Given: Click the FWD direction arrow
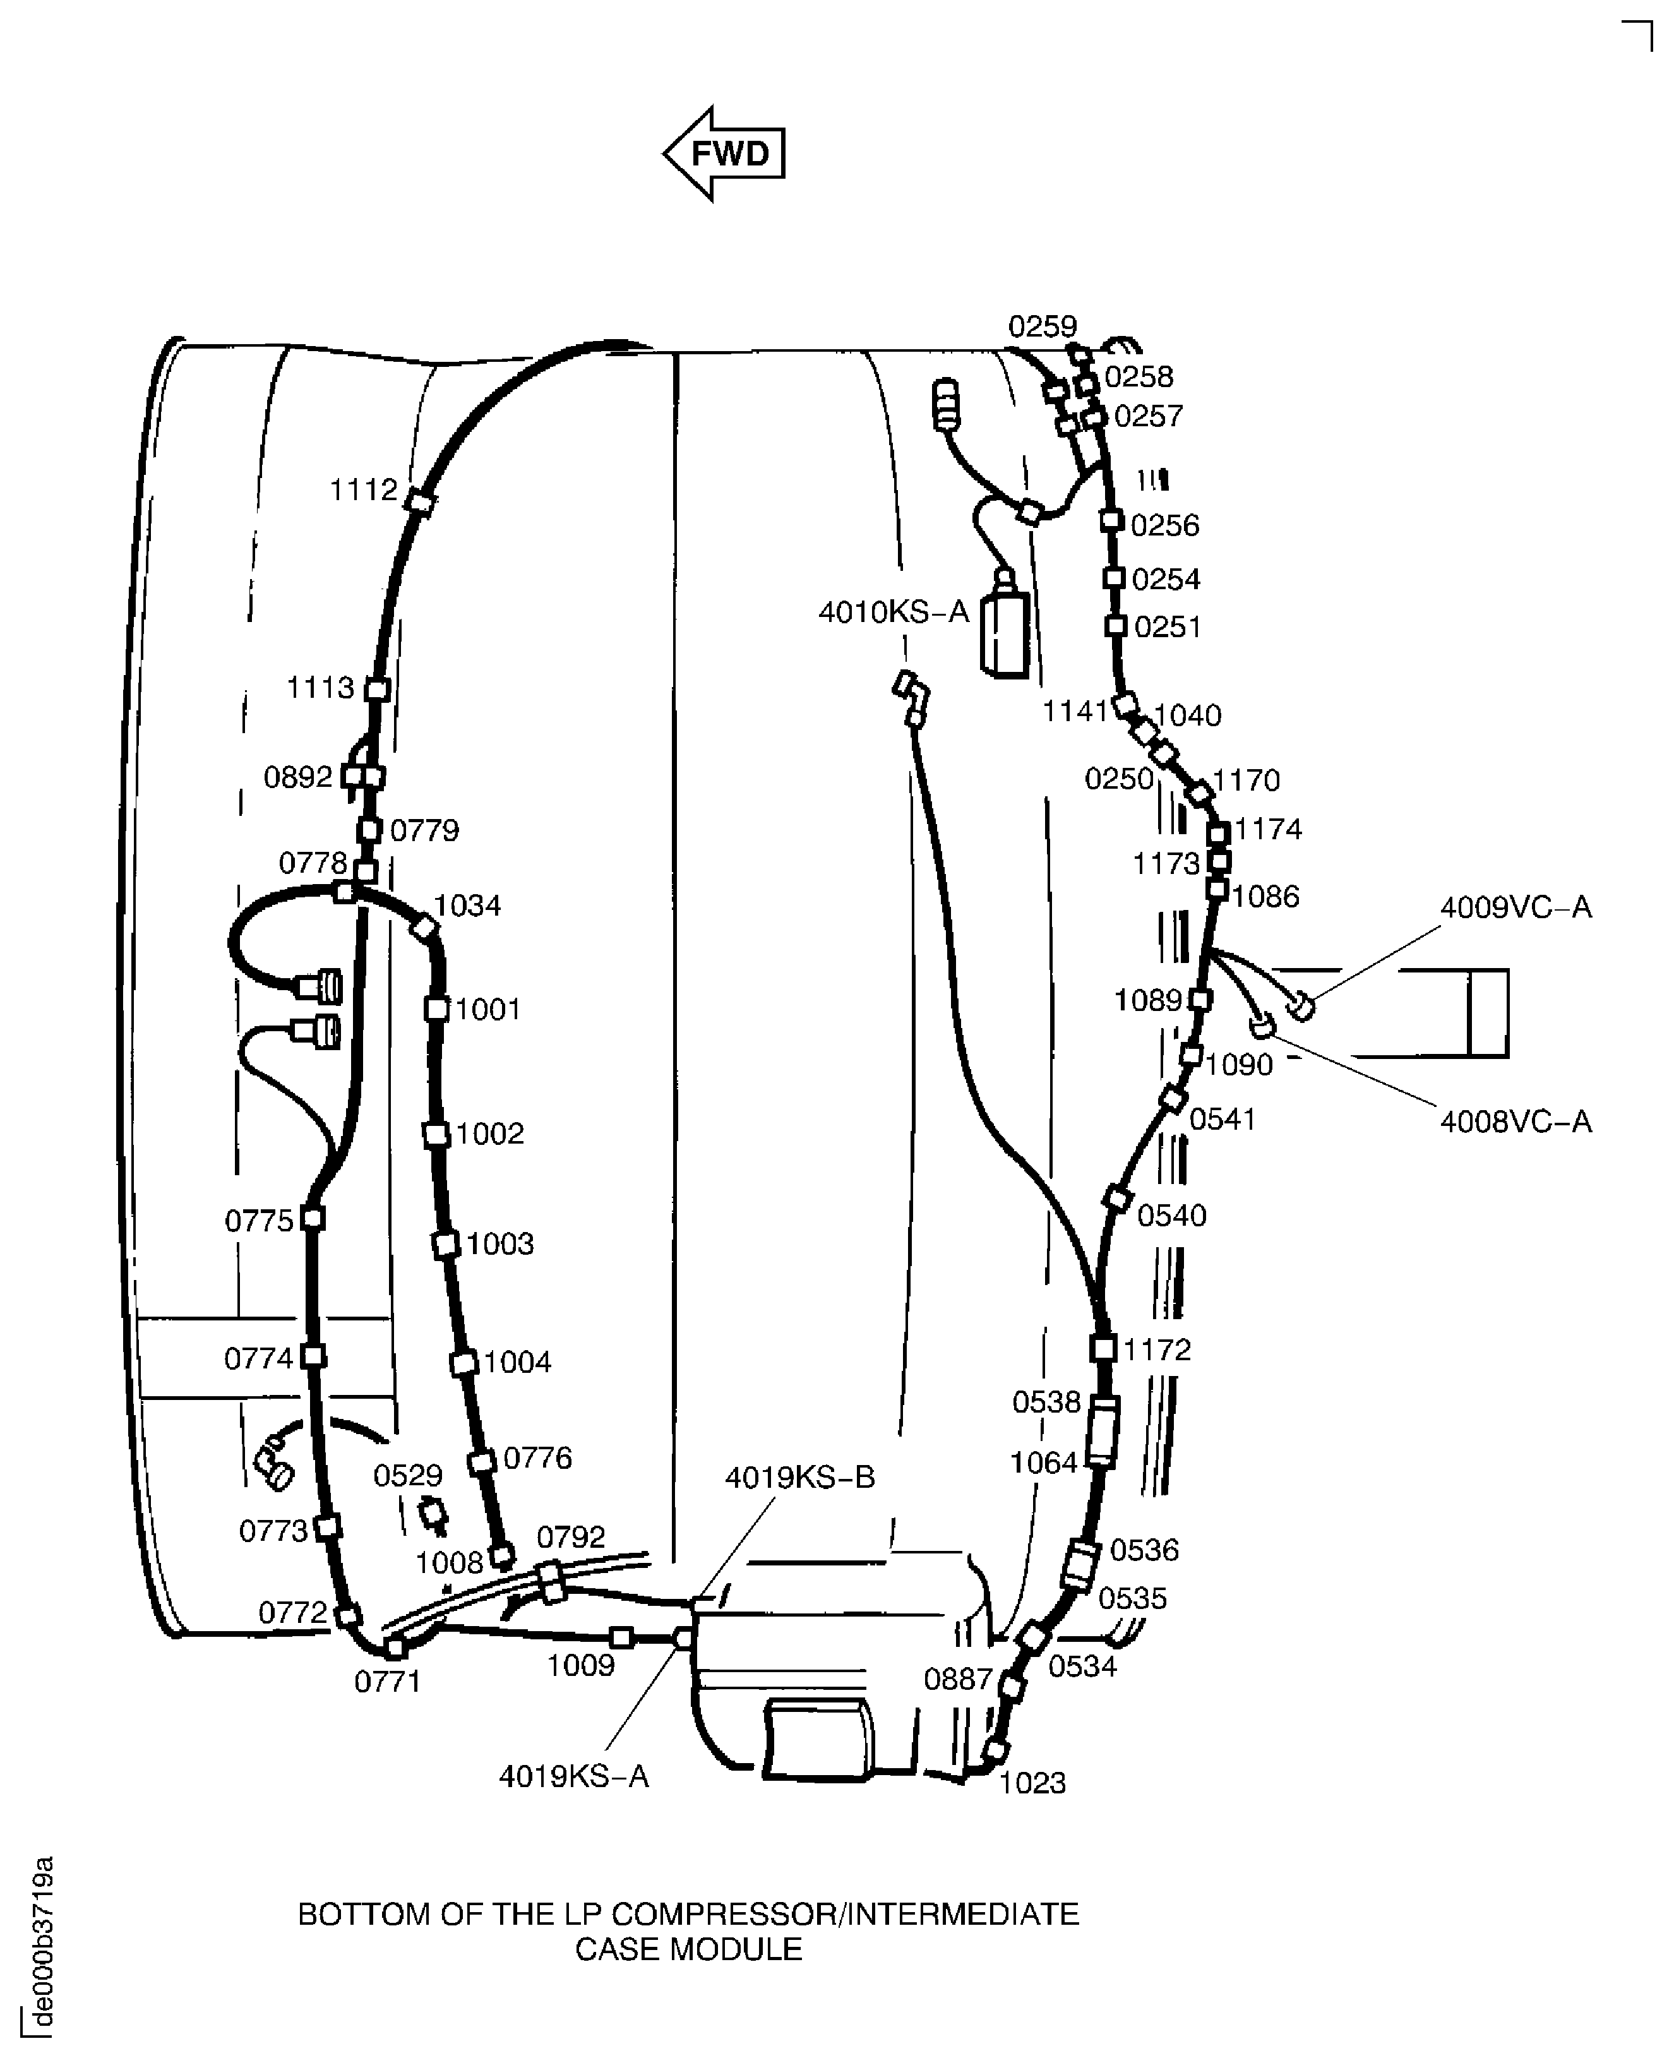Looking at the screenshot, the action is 724,153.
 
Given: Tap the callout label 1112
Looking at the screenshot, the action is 364,490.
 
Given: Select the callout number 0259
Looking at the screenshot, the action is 1043,327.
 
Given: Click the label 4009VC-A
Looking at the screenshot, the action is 1516,907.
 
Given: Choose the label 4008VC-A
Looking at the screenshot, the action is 1516,1121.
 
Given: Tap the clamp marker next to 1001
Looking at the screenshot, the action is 437,1008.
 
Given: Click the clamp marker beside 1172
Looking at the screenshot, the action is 1103,1348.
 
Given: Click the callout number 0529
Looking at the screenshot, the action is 408,1476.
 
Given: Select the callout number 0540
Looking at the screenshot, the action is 1171,1215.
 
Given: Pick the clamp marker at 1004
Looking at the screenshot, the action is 464,1363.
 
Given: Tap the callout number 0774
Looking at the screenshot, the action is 258,1359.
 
